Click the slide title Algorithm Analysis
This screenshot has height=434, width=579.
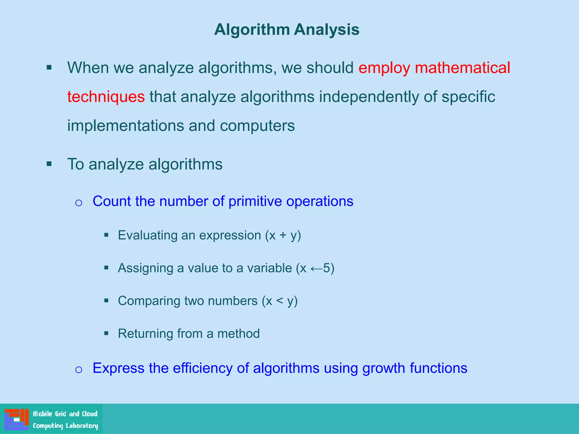click(286, 29)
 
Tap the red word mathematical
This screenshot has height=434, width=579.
click(462, 68)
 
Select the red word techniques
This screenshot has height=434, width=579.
click(106, 97)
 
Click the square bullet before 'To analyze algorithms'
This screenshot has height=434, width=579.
click(49, 164)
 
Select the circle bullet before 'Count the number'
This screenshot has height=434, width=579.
click(79, 203)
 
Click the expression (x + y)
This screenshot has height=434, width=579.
click(283, 235)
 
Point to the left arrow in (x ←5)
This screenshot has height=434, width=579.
click(316, 268)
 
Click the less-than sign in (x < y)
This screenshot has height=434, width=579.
click(279, 301)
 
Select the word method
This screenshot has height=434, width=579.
click(238, 334)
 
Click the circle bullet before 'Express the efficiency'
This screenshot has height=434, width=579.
click(79, 370)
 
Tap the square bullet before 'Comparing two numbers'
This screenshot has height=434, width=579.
click(106, 300)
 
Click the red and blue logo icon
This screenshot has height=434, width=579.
click(17, 419)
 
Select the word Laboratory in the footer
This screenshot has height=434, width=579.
click(82, 426)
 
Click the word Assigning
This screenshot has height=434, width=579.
click(145, 268)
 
